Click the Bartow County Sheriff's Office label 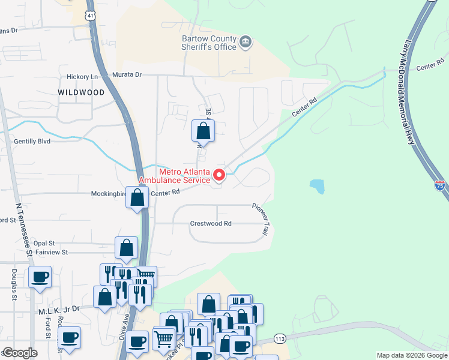coord(209,43)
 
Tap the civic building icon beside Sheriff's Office coord(245,42)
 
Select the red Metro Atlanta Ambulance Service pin coord(219,175)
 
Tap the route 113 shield coord(279,338)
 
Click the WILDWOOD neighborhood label coord(81,92)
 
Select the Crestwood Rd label coord(211,223)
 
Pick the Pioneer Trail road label coord(263,218)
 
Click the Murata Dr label coord(127,74)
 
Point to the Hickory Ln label coord(82,77)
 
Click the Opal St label coord(44,243)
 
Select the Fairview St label coord(52,253)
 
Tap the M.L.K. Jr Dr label coord(59,309)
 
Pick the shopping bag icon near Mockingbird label coord(137,197)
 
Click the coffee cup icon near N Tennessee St coord(40,277)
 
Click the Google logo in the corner coord(20,353)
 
